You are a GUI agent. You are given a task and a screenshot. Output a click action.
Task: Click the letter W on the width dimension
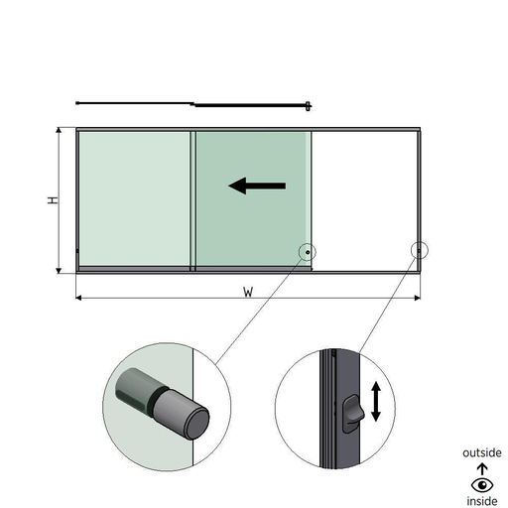coord(248,292)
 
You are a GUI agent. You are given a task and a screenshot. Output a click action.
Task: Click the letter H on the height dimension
coord(53,200)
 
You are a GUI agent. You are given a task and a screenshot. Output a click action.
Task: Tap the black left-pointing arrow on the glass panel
coord(257,186)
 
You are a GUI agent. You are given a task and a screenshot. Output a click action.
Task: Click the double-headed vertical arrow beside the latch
coord(376,401)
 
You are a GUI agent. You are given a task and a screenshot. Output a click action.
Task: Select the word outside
coord(482,452)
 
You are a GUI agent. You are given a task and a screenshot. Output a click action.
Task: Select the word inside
coord(482,501)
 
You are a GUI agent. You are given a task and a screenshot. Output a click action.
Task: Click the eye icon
coord(482,485)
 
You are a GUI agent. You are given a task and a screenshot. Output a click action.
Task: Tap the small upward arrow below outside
coord(482,469)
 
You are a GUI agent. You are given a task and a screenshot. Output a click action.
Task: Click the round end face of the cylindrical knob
coord(197,424)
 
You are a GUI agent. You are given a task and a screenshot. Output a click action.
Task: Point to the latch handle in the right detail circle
coord(352,413)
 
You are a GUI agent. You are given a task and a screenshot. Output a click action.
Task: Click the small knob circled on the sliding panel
coord(308,252)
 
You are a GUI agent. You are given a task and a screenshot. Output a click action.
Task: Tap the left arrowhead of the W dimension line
coord(78,298)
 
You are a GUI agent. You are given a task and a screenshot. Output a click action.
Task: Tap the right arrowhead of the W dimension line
coord(418,298)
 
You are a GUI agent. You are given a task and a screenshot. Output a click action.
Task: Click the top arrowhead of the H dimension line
coord(59,130)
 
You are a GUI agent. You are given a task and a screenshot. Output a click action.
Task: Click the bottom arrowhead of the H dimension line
coord(59,271)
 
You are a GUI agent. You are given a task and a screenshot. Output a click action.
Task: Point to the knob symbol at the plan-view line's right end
coord(308,106)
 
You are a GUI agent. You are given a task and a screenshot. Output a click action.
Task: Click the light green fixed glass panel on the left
coord(135,198)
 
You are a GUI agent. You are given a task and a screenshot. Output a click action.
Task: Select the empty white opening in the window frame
coord(364,201)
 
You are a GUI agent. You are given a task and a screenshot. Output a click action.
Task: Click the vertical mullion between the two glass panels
coord(192,200)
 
